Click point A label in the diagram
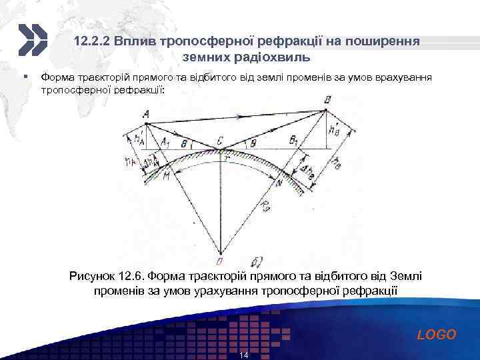145,115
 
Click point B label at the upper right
326,99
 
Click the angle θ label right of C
253,142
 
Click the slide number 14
243,355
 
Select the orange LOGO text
437,335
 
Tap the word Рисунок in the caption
92,275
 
